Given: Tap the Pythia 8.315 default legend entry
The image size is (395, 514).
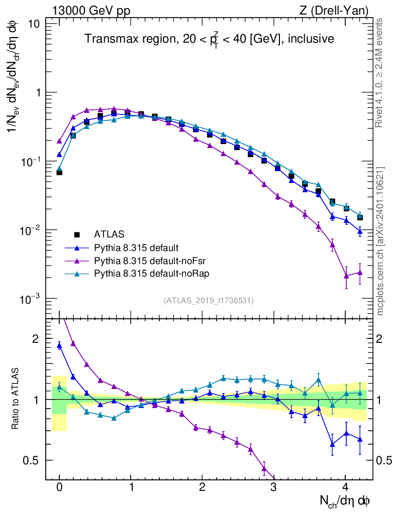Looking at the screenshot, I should click(x=137, y=247).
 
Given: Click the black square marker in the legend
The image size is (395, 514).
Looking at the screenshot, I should click(x=77, y=234).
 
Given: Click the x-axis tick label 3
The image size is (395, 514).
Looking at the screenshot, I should click(x=273, y=487).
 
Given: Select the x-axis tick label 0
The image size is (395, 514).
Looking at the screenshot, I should click(x=59, y=487).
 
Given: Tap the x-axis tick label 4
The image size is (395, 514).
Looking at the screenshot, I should click(x=345, y=487).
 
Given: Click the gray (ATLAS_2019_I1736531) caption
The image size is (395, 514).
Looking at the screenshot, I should click(x=209, y=301).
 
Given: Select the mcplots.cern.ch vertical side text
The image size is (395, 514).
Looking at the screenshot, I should click(x=380, y=241).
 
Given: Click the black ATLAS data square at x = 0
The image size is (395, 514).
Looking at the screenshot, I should click(x=59, y=172).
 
